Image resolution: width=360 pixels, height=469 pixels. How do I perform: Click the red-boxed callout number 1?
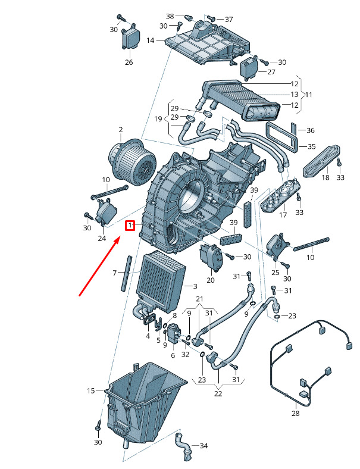[x=130, y=226]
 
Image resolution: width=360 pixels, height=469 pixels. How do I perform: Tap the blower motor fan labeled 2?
[x=133, y=160]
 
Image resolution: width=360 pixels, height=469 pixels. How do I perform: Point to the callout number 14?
[x=151, y=40]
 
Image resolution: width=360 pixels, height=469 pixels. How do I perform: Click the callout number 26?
[x=129, y=62]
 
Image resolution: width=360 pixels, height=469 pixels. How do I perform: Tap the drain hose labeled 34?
[x=183, y=446]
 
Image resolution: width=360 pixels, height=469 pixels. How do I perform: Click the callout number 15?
[x=91, y=390]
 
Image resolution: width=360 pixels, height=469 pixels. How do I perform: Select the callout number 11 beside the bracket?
[x=309, y=95]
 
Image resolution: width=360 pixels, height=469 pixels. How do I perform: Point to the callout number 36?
[x=311, y=130]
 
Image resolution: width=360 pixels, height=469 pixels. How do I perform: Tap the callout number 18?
[x=325, y=177]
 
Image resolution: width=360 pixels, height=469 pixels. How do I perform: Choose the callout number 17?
[x=283, y=214]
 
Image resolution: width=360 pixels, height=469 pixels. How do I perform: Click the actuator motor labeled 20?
[x=211, y=257]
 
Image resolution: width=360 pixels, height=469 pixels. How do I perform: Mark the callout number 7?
[x=114, y=273]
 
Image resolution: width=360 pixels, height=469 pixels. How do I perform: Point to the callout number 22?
[x=218, y=393]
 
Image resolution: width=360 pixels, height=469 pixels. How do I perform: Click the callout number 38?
[x=170, y=16]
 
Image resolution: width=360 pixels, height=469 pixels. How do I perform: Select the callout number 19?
[x=158, y=119]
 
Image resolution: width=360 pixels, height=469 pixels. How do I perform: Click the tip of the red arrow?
[x=121, y=236]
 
